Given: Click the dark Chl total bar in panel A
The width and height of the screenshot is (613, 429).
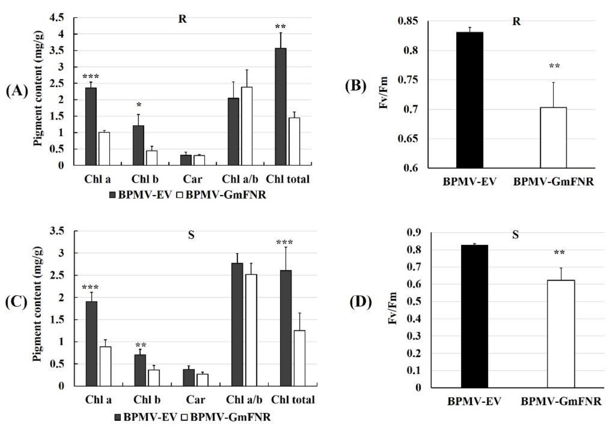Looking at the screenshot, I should (x=281, y=107).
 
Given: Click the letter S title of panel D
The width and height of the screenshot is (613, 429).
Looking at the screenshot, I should (x=515, y=235).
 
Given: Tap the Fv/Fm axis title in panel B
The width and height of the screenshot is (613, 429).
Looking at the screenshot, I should (x=384, y=93).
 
